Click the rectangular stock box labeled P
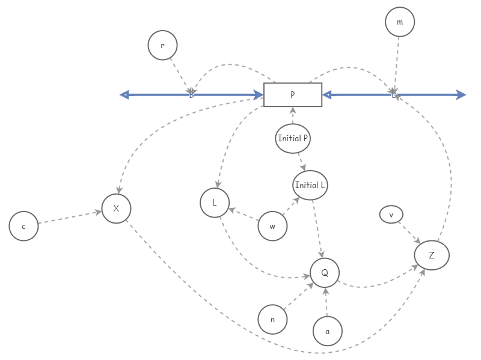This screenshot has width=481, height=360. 293,95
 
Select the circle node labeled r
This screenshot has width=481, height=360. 162,45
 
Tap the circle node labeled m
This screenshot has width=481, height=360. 400,22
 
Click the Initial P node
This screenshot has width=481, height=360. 293,138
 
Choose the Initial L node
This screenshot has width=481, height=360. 310,185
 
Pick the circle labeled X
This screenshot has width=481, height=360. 116,209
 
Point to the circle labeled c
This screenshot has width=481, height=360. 24,227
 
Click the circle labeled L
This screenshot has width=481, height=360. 215,203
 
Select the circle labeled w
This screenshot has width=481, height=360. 272,227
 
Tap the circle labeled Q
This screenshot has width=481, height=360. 325,273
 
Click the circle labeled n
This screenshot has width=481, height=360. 272,319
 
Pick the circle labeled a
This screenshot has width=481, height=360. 328,331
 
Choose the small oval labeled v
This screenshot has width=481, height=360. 391,215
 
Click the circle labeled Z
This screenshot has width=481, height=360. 432,255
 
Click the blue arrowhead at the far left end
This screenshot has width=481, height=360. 124,94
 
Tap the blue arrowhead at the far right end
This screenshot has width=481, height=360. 461,94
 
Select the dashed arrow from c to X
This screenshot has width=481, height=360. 69,218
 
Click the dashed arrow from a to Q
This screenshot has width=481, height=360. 326,302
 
